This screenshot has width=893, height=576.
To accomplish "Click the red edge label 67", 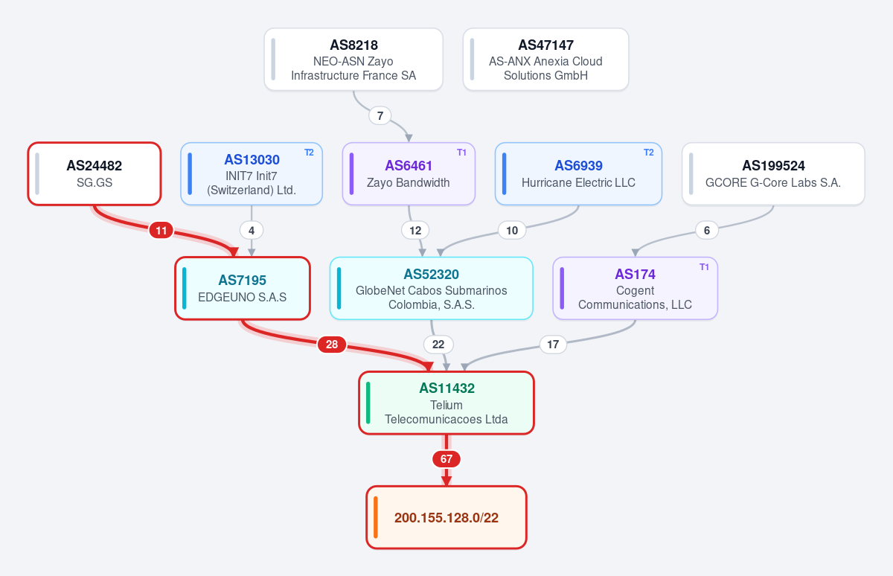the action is pos(446,459).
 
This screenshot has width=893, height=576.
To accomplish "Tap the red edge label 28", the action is pos(332,345).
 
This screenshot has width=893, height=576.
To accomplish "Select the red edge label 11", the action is pos(161,231).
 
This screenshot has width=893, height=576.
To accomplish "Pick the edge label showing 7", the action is pos(380,115).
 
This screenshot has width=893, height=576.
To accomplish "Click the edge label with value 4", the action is pos(252,231).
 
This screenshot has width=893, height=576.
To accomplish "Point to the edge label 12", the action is pos(415,231).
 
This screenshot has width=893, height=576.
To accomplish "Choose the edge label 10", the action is pos(512,231).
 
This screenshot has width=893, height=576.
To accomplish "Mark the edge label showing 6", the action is pos(707,231).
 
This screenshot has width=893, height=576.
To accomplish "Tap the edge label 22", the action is pos(438,345).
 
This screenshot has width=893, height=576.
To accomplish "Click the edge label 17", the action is pos(553,345).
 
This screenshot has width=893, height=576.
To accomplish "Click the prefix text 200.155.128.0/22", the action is pos(446,517).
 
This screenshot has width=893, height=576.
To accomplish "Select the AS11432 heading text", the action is pos(446,388).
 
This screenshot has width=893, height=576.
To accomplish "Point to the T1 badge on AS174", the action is pos(704,267).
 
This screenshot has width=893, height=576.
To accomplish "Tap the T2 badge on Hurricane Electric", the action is pos(649,153).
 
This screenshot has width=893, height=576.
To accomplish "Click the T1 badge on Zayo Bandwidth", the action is pos(461,153).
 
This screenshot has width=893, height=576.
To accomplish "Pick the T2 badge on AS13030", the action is pos(309,153).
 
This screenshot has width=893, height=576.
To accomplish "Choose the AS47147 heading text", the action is pos(545,45).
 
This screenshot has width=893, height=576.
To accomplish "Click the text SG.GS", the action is pos(95,182).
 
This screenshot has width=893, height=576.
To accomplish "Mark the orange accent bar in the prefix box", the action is pos(376,517).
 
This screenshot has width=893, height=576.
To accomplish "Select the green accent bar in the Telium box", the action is pos(368,403).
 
